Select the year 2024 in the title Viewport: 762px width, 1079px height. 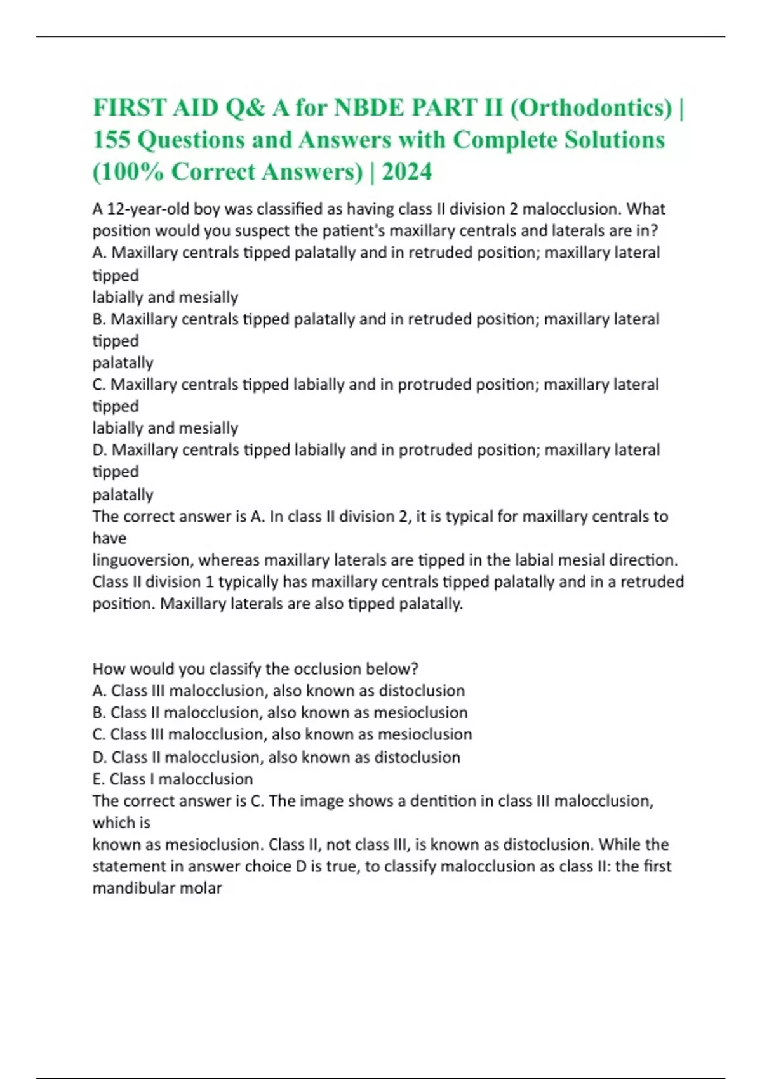pos(406,171)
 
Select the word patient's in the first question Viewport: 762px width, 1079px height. pos(392,230)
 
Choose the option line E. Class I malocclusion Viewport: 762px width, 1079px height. pos(173,779)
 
